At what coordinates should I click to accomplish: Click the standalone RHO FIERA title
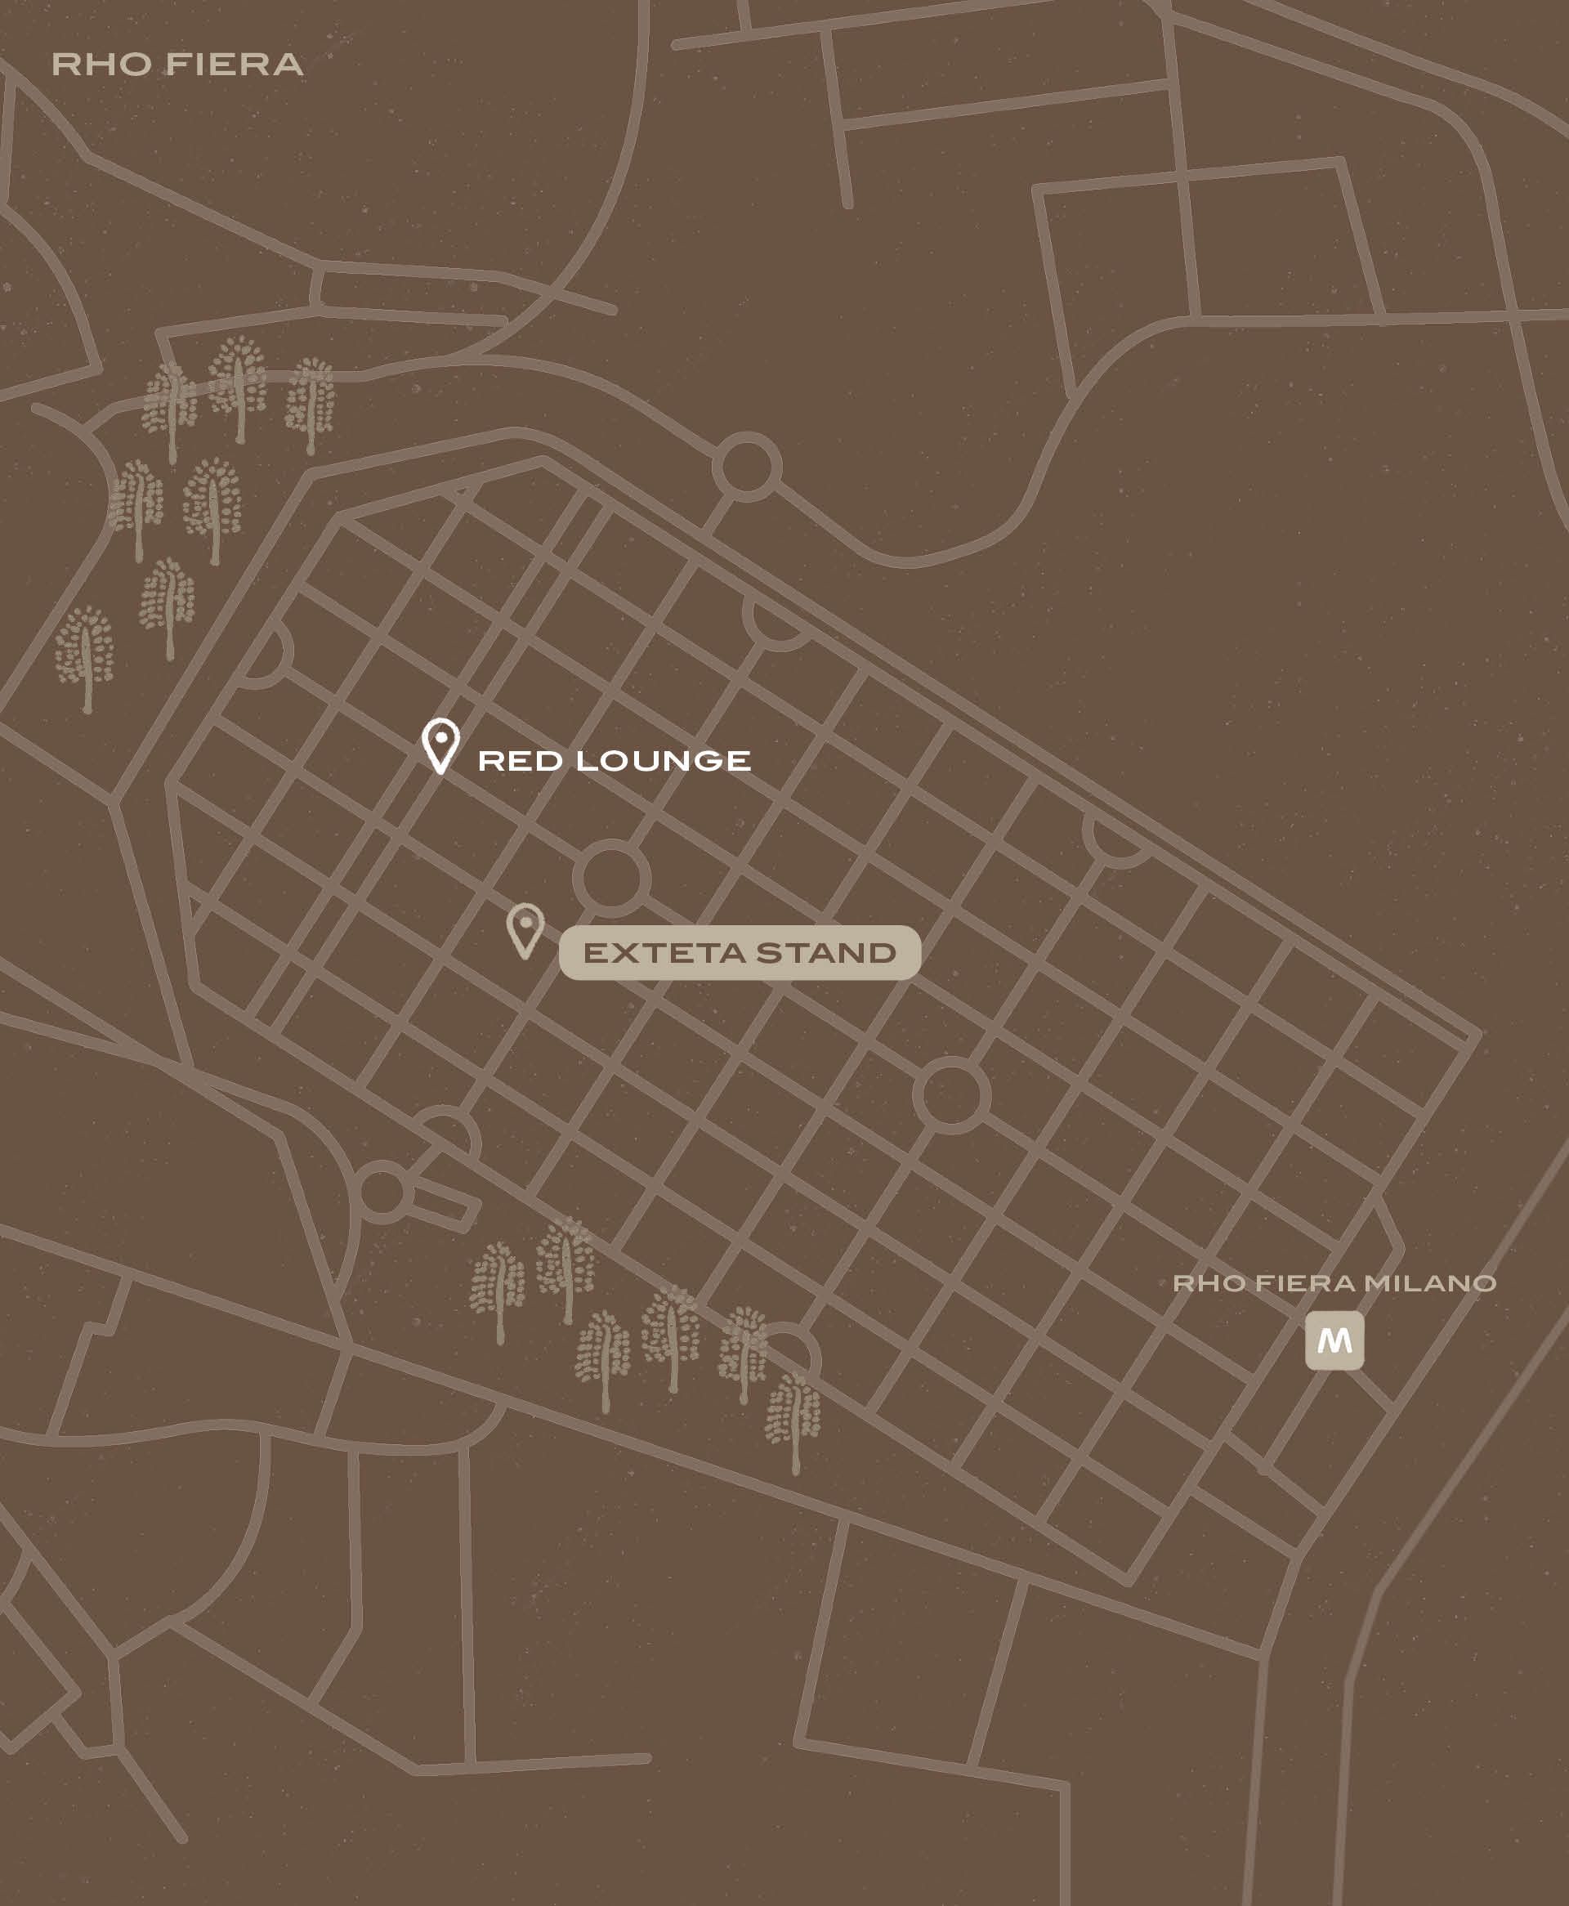(177, 65)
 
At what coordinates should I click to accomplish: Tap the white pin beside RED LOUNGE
(441, 745)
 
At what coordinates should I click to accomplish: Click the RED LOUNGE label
(614, 761)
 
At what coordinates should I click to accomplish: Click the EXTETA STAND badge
(740, 952)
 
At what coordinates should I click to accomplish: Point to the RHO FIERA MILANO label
(1334, 1283)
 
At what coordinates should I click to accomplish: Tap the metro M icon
(1334, 1340)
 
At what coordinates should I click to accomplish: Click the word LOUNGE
(664, 761)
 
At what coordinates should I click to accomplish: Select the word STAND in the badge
(826, 952)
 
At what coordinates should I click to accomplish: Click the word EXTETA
(664, 952)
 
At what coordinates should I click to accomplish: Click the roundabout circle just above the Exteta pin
(612, 878)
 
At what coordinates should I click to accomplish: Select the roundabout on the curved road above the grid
(747, 467)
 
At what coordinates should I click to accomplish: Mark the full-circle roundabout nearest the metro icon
(952, 1096)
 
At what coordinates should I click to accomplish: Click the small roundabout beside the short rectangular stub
(382, 1192)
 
